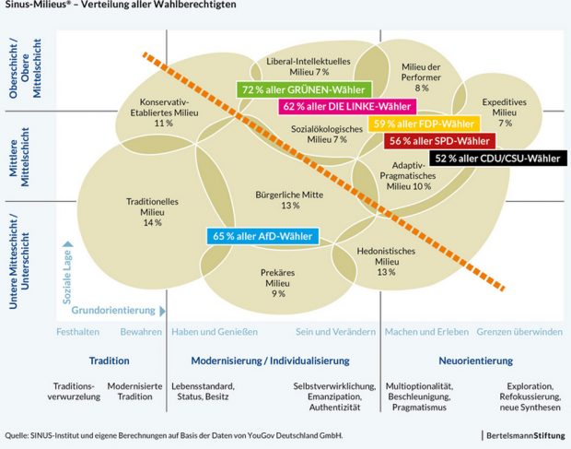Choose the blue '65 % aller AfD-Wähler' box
[x=263, y=236]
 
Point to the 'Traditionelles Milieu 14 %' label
[x=152, y=211]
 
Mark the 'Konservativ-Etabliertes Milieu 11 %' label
[x=164, y=112]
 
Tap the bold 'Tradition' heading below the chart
[x=109, y=360]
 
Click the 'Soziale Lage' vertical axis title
[x=67, y=276]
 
